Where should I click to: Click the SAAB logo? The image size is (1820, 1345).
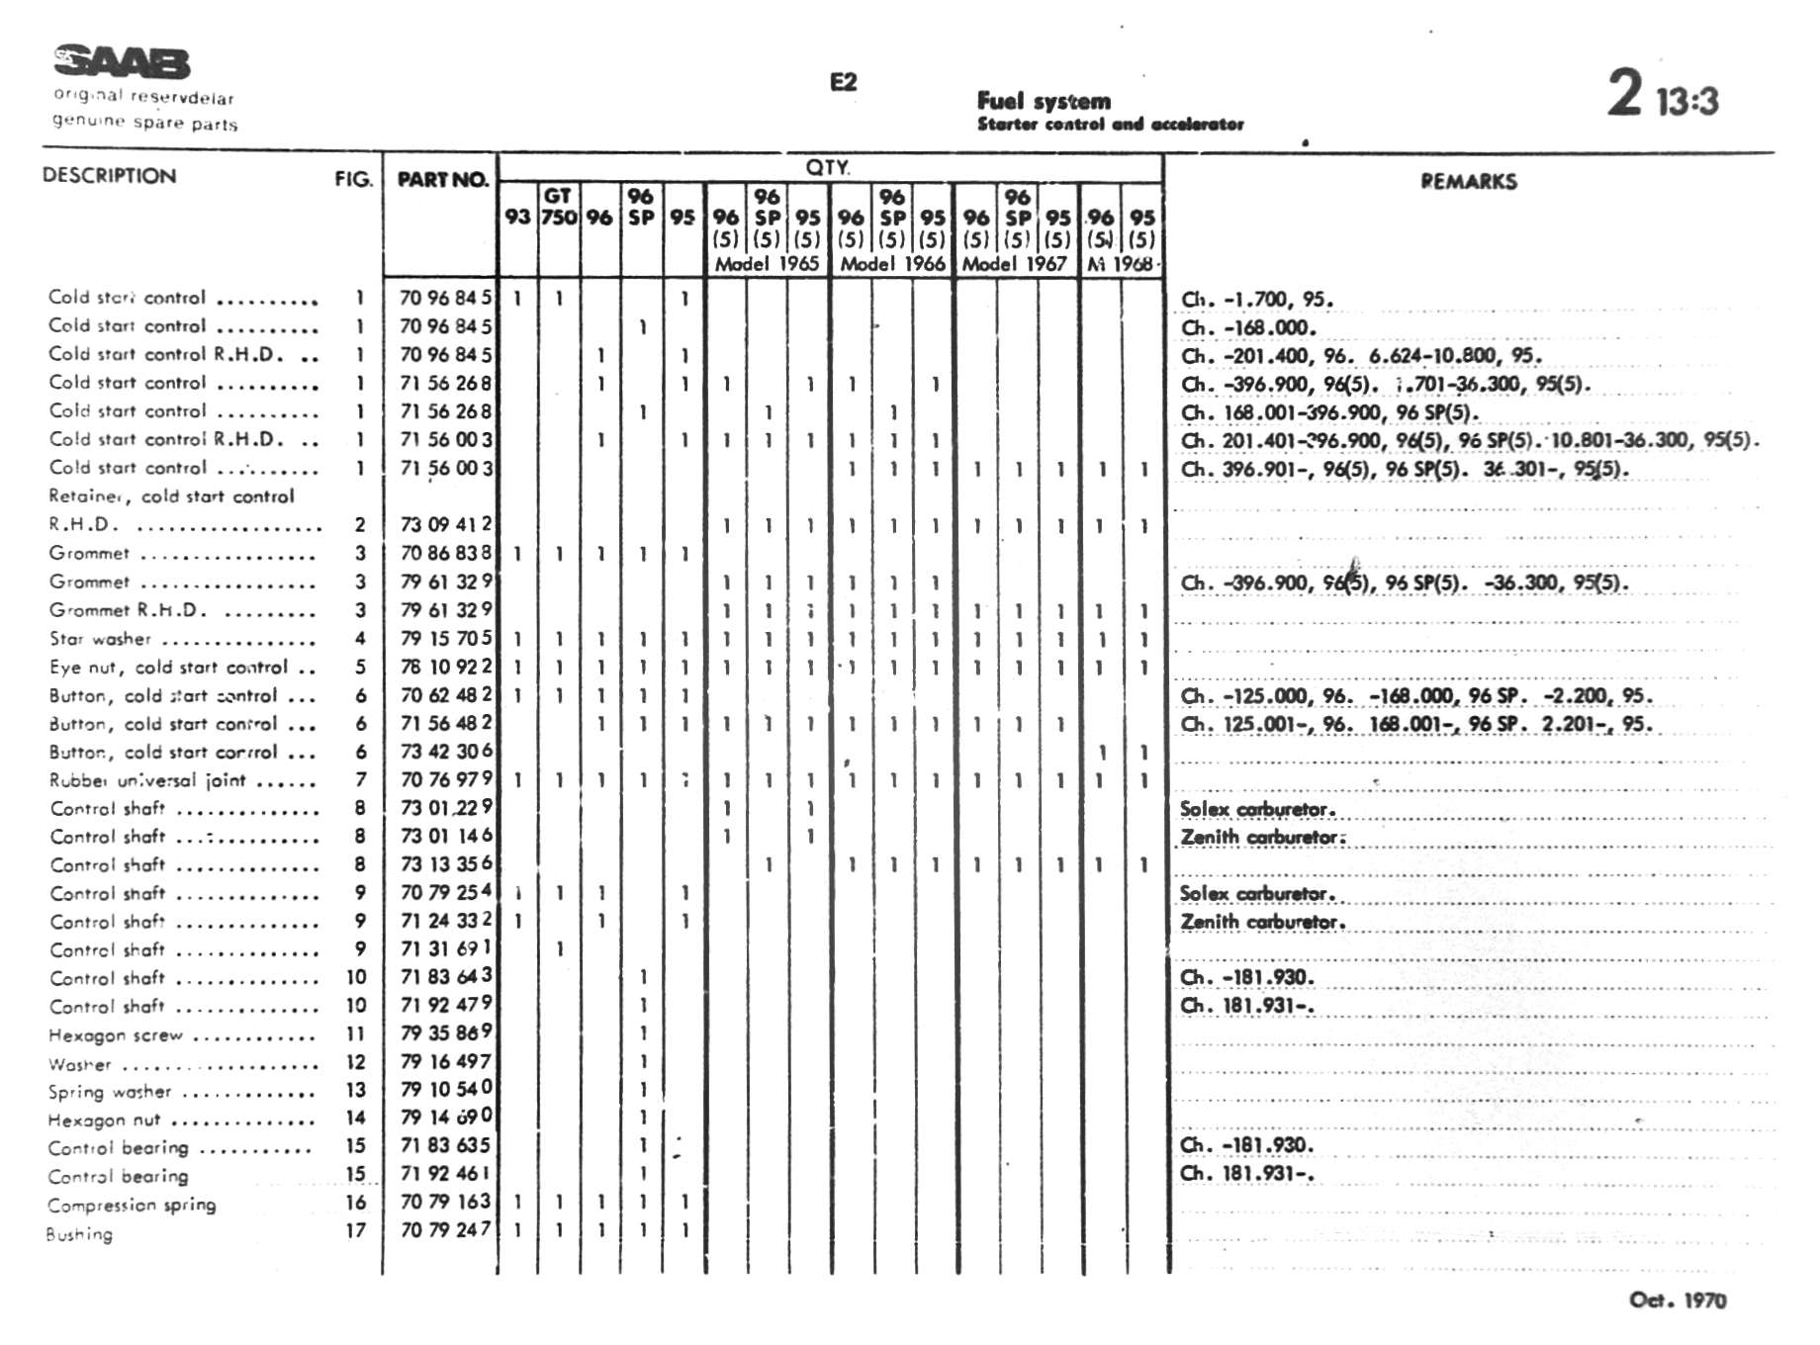[122, 62]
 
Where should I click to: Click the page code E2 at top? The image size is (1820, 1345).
[843, 82]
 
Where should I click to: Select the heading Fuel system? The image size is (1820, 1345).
[1044, 101]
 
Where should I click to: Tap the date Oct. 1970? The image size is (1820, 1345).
[1678, 1300]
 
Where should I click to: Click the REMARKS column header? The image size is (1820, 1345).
[1468, 181]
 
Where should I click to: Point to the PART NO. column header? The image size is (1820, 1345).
[442, 180]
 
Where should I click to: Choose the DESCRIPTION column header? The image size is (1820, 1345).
[109, 176]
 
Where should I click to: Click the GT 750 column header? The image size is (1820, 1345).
[558, 207]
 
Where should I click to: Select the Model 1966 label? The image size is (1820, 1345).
[892, 264]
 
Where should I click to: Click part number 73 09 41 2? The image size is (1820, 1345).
[445, 524]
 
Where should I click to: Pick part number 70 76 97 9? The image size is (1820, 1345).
[445, 779]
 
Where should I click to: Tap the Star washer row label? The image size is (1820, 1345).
[101, 639]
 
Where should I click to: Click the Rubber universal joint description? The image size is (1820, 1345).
[147, 780]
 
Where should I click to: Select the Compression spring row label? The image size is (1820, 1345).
[132, 1206]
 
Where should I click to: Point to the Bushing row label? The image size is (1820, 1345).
[79, 1234]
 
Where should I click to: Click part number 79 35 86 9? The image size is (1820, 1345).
[445, 1032]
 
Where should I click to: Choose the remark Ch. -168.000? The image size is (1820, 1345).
[1248, 327]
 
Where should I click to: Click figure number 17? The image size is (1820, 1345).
[355, 1231]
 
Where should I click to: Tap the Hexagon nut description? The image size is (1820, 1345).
[104, 1121]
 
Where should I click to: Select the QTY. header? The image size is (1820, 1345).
[828, 167]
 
